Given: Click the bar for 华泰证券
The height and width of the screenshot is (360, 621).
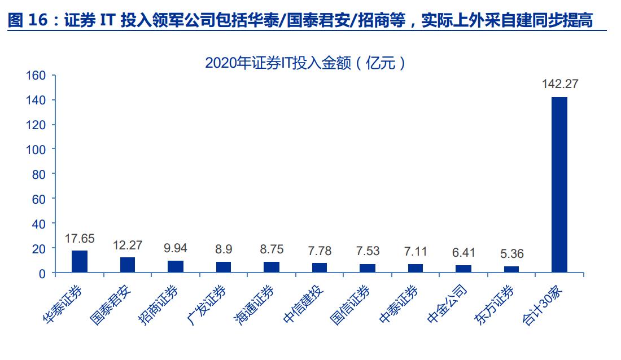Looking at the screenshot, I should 80,262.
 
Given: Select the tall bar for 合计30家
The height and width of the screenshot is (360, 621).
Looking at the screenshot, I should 559,185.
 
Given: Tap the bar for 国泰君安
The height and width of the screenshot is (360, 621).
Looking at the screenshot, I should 128,265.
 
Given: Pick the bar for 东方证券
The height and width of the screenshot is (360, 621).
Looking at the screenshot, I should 511,270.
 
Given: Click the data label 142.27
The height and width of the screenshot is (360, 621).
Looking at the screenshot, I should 560,84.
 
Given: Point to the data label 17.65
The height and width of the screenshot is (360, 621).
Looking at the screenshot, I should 79,238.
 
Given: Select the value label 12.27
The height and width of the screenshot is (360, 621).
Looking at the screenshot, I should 128,245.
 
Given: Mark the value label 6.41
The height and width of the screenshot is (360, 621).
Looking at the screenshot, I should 463,252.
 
